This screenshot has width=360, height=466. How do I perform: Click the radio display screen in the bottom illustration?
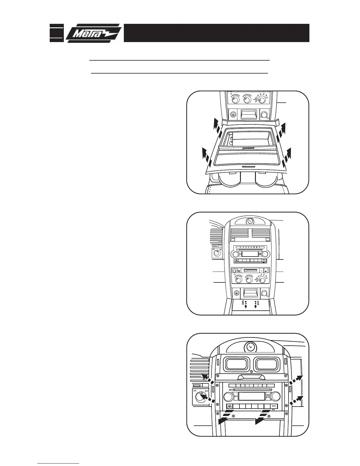(x=250, y=396)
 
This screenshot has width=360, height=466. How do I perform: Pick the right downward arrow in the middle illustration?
(x=256, y=304)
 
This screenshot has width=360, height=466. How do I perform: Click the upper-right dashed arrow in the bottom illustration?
(x=295, y=381)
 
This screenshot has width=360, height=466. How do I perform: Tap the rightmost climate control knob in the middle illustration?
(x=262, y=279)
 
